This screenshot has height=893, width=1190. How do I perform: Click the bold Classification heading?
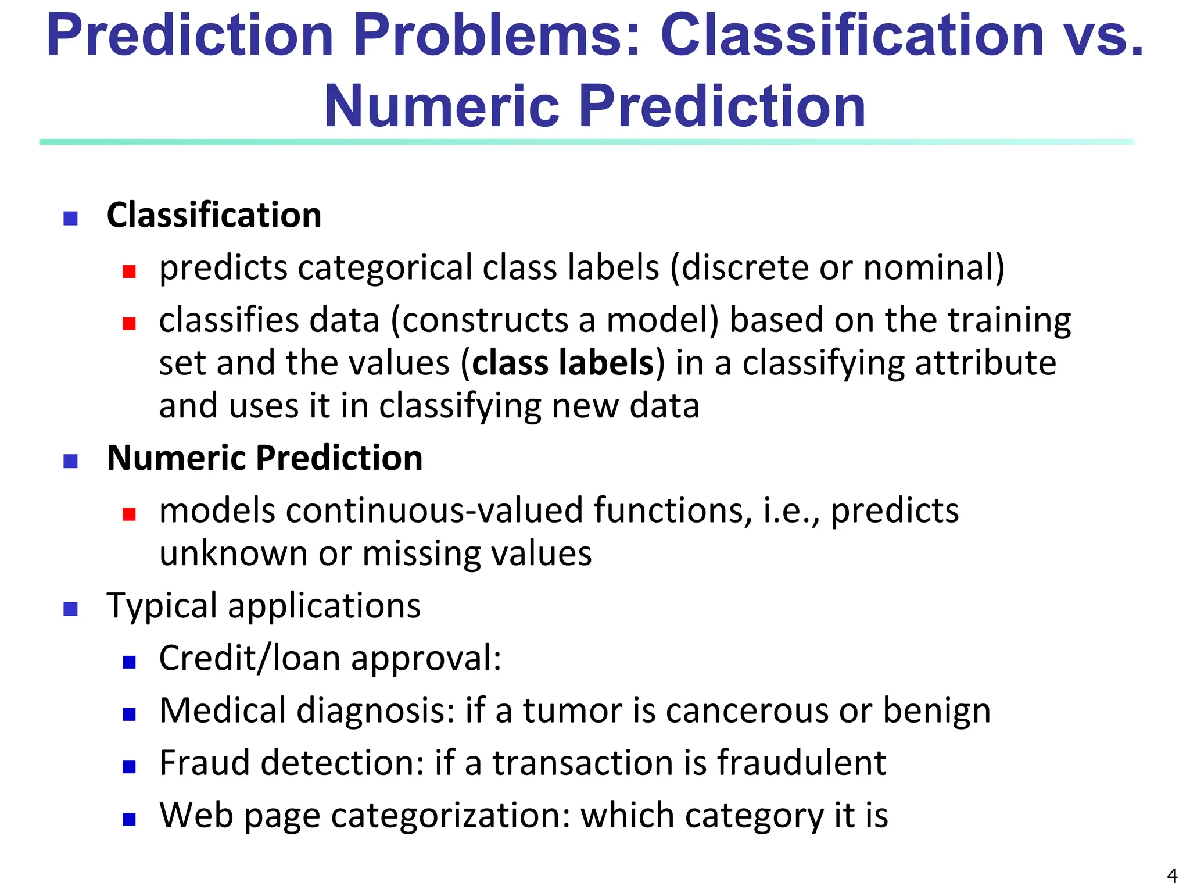214,215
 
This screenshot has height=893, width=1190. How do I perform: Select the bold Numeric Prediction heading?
264,458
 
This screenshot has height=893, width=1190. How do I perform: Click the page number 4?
1172,875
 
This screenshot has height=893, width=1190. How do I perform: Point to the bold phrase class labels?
563,363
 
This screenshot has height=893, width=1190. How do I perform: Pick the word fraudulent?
801,763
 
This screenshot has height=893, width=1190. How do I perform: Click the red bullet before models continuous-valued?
129,514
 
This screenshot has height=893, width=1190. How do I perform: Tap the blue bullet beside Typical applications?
70,609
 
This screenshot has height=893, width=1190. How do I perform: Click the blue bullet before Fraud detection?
129,767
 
